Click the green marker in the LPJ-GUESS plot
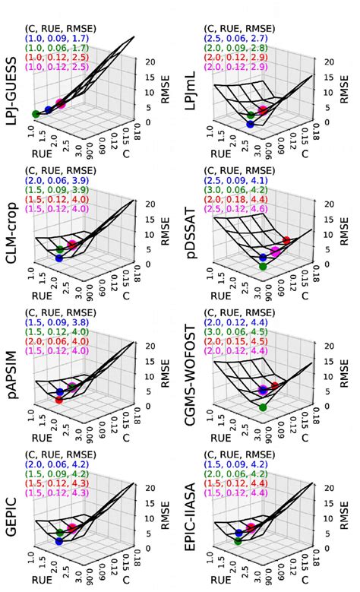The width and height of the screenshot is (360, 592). (x=36, y=113)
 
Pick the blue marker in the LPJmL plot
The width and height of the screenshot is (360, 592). (x=251, y=124)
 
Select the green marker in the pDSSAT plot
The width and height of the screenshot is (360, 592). (x=263, y=266)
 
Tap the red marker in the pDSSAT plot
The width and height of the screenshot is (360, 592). (x=286, y=241)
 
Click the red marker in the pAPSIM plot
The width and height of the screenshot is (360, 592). (x=59, y=400)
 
